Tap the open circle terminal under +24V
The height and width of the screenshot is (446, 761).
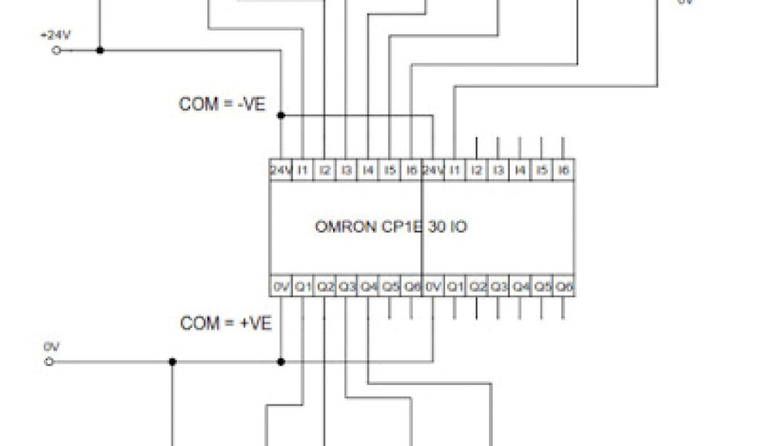(x=55, y=51)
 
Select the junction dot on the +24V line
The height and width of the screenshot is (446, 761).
(x=100, y=51)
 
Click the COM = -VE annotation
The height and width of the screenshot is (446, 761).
(x=222, y=104)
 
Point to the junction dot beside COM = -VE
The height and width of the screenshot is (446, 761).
(x=281, y=115)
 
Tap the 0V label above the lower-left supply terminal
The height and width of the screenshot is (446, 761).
(x=51, y=346)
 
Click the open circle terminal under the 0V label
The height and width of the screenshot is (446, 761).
(x=51, y=362)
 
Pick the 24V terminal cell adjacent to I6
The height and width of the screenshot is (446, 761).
(x=433, y=171)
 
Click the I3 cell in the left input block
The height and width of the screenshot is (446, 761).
(x=346, y=171)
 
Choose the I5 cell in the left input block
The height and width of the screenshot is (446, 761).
(x=390, y=171)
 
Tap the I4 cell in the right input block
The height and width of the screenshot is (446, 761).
(x=521, y=171)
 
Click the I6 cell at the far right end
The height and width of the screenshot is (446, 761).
(x=565, y=171)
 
